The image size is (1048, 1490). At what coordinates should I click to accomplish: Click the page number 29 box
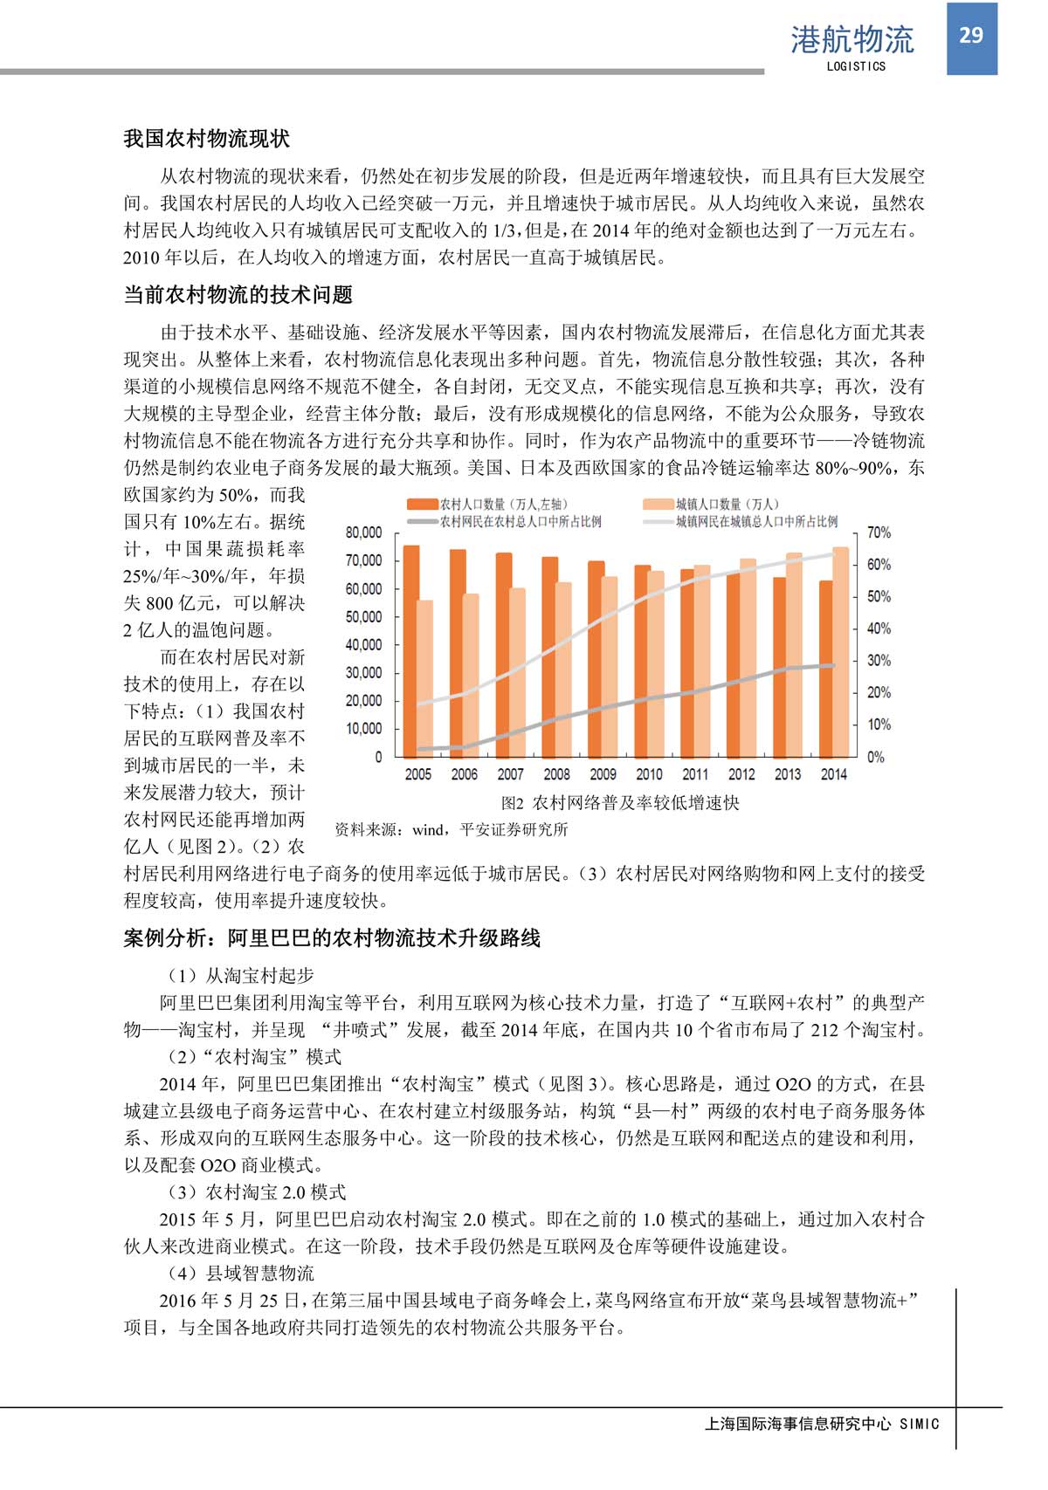pos(971,37)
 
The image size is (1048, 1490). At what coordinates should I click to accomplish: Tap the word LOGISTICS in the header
pos(856,66)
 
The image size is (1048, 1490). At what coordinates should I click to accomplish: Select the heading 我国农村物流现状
pos(207,139)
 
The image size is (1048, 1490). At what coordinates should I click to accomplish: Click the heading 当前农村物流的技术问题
pos(238,295)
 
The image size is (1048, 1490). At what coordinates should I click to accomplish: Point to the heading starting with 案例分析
pos(332,938)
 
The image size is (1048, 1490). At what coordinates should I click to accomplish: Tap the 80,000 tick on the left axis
pos(364,532)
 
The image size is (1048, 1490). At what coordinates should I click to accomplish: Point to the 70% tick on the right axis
pos(879,532)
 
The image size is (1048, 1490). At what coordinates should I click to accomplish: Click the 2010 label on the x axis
pos(649,774)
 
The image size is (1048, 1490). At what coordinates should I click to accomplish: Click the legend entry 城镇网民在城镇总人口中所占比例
pos(756,521)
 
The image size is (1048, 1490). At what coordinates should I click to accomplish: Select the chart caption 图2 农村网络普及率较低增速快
pos(620,803)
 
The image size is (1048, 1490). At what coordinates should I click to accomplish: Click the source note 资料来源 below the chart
pos(452,829)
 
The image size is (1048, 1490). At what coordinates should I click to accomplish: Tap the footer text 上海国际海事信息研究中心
pos(797,1424)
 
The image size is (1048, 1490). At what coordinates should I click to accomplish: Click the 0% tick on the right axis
pos(875,757)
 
